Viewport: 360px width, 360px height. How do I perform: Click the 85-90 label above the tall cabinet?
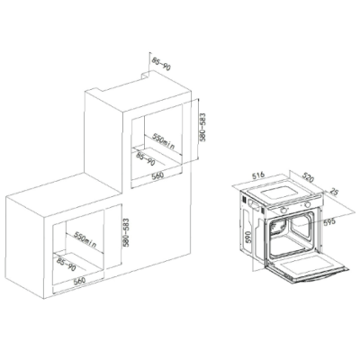[x=161, y=64]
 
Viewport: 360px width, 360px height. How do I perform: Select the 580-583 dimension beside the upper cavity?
[x=202, y=127]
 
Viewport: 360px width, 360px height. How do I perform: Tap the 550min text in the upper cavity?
[x=163, y=141]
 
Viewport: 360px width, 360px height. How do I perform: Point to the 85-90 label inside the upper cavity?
[x=146, y=159]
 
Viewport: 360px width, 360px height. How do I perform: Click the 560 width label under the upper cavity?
[x=157, y=175]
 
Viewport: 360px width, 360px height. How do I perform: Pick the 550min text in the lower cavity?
[x=85, y=239]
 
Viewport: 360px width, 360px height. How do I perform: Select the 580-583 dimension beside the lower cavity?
[x=126, y=232]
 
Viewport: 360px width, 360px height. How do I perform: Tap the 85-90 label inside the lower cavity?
[x=67, y=264]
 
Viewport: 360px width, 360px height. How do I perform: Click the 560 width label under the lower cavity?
[x=80, y=281]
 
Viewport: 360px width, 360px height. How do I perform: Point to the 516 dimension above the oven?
[x=257, y=175]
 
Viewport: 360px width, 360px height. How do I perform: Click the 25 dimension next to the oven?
[x=333, y=192]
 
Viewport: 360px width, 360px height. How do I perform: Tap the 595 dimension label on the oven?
[x=328, y=222]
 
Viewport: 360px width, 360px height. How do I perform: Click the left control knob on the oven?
[x=283, y=210]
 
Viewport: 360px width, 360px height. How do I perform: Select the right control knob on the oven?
[x=307, y=205]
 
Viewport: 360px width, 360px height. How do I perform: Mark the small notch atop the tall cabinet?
[x=146, y=75]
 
